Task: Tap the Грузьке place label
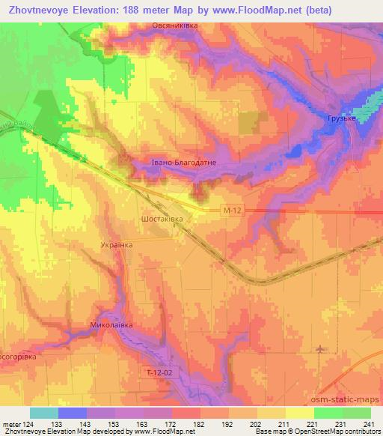point(340,118)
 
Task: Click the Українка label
point(116,245)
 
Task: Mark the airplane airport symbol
point(321,349)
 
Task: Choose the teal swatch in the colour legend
point(44,412)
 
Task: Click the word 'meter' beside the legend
point(10,423)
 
